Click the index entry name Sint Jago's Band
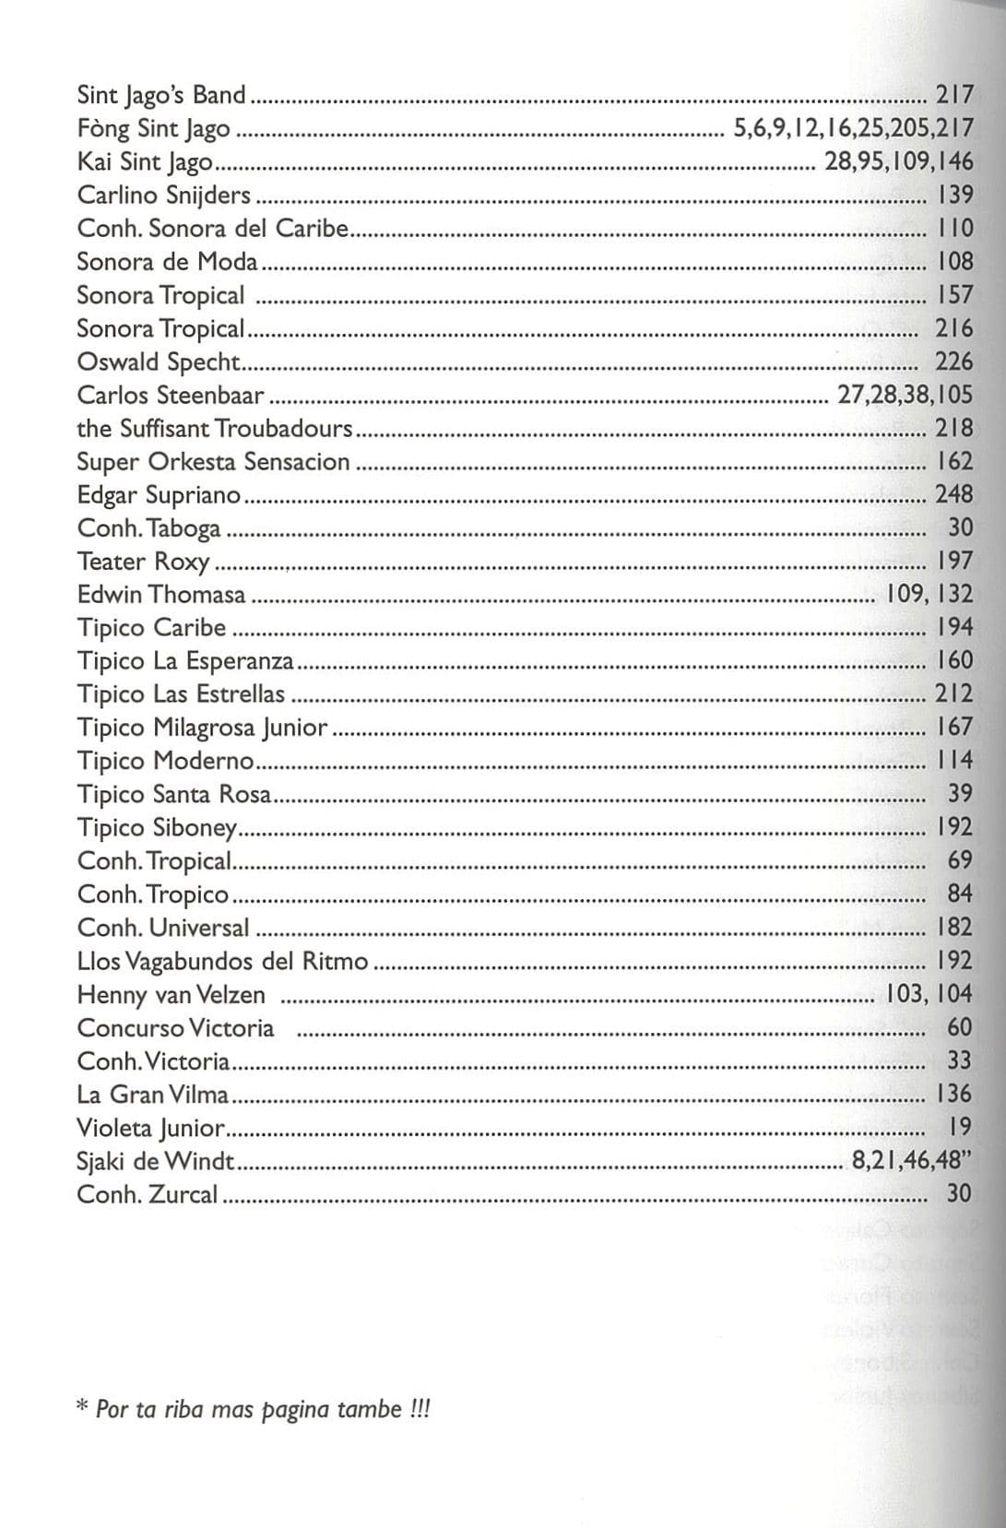(161, 95)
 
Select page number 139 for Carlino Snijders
(954, 195)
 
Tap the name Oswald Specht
(159, 362)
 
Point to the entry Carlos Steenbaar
(171, 396)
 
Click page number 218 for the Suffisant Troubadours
(954, 428)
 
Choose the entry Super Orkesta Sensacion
(213, 462)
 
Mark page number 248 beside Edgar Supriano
(953, 494)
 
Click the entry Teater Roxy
(143, 562)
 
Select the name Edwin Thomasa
(161, 595)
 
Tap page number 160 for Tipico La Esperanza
(954, 660)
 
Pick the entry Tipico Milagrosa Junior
(202, 728)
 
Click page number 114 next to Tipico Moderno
(954, 761)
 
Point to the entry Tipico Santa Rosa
(174, 794)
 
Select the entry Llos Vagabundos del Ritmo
(222, 962)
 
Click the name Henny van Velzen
(172, 995)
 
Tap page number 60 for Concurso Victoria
(959, 1027)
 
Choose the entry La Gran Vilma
(153, 1095)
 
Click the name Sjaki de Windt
(156, 1161)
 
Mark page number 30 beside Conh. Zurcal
(959, 1194)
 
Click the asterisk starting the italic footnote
(82, 1408)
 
